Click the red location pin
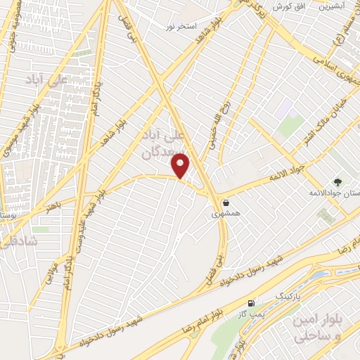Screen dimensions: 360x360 181,165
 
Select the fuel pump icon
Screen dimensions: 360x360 251,304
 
